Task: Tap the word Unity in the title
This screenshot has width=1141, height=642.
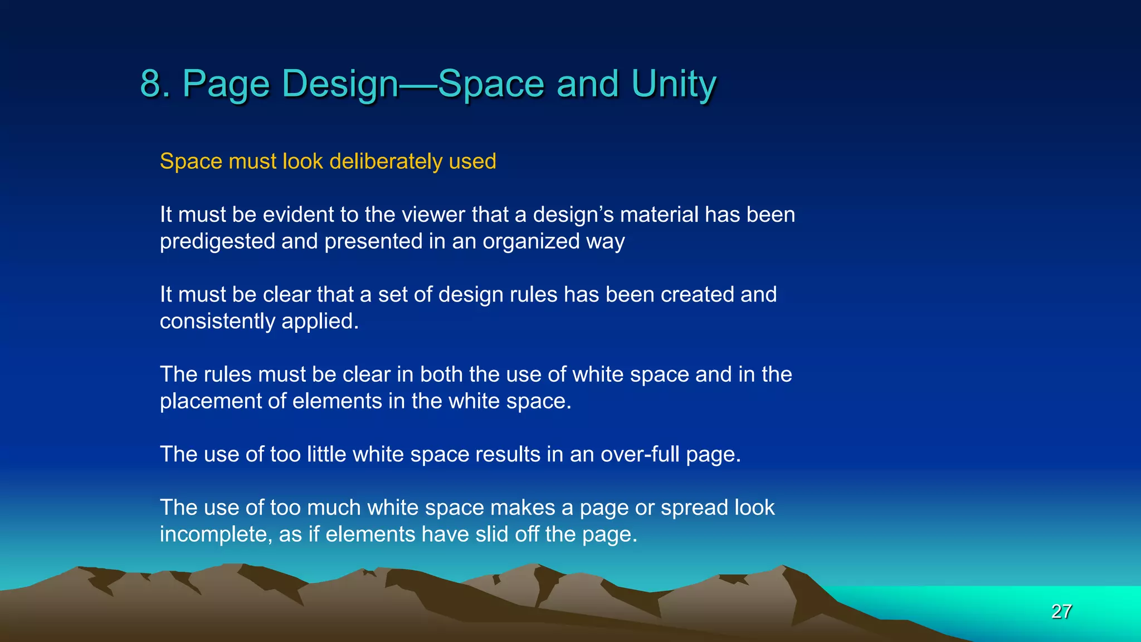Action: coord(674,84)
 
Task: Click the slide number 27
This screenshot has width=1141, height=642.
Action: coord(1061,611)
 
